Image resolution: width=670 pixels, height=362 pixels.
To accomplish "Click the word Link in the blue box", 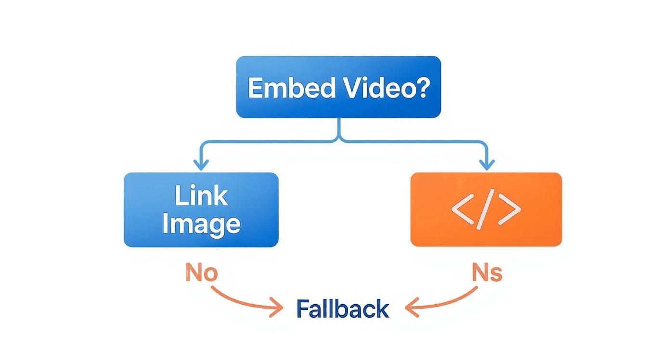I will tap(201, 196).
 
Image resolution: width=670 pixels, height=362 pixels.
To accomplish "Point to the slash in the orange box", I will tap(486, 210).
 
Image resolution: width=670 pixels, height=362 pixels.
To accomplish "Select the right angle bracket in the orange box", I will tap(510, 210).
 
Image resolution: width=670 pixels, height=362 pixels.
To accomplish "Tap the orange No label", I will tap(201, 273).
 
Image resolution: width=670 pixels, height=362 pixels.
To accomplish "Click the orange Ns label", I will tap(486, 273).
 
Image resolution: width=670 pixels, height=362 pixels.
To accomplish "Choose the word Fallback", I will tap(342, 309).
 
